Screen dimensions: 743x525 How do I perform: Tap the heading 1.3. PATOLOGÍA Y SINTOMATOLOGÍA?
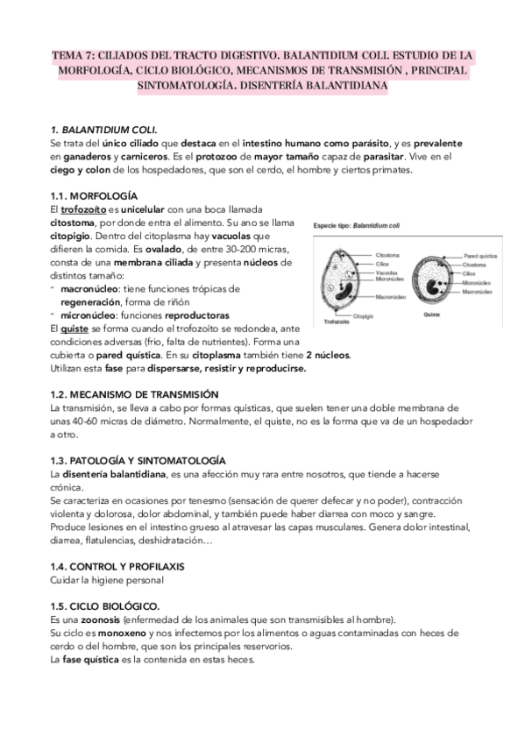138,461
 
